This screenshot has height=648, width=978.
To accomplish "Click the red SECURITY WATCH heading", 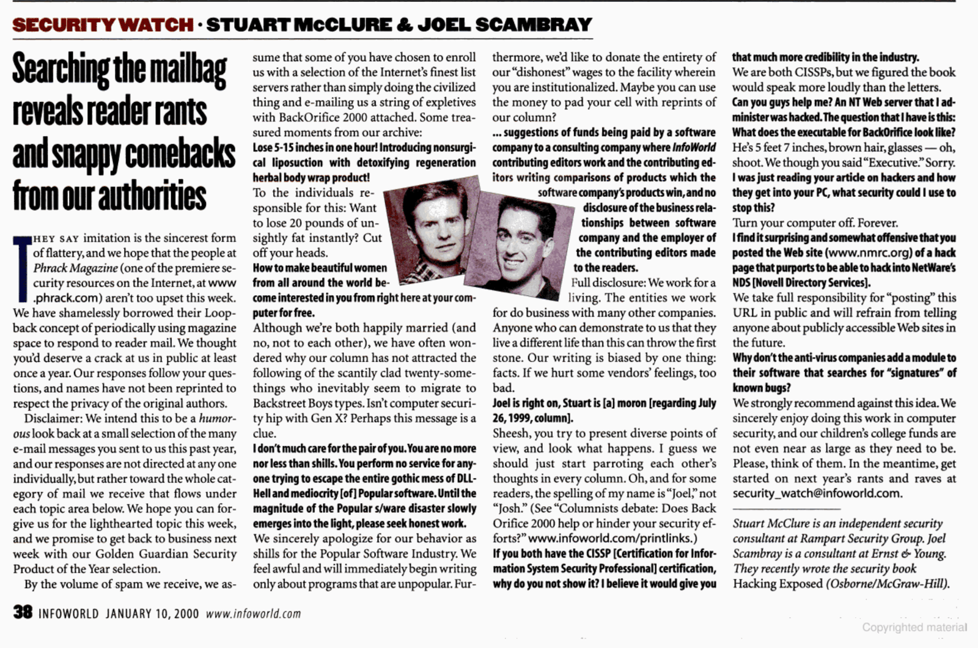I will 103,24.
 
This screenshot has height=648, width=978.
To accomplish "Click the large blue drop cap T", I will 22,269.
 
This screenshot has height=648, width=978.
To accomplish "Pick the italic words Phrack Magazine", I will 75,268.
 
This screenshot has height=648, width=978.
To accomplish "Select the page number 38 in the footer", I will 23,612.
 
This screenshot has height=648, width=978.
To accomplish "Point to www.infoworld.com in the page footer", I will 253,613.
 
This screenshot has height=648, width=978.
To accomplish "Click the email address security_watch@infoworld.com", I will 817,493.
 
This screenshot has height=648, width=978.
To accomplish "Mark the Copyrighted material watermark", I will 914,627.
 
